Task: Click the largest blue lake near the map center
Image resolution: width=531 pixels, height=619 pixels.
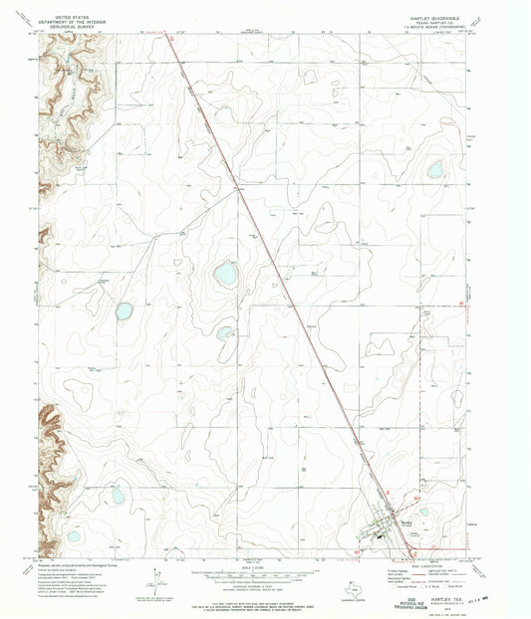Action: tap(225, 275)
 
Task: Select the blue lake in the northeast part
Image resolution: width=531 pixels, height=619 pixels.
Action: tap(435, 170)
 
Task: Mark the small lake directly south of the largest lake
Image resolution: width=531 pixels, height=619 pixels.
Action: tap(224, 332)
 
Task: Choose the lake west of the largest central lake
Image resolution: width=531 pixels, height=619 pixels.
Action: tap(124, 310)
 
